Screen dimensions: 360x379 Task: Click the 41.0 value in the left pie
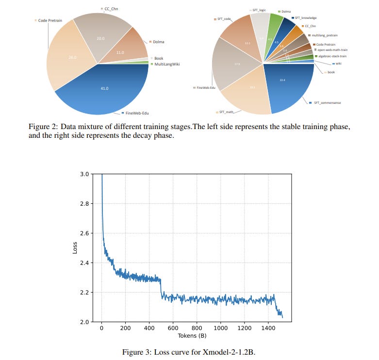104,89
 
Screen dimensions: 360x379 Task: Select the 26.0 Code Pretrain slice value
72,57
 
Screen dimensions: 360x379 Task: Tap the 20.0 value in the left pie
100,38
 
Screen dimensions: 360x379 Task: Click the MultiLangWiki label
167,64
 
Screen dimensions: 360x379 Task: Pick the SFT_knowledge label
306,18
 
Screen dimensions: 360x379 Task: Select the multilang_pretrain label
326,35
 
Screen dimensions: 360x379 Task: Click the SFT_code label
224,19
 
